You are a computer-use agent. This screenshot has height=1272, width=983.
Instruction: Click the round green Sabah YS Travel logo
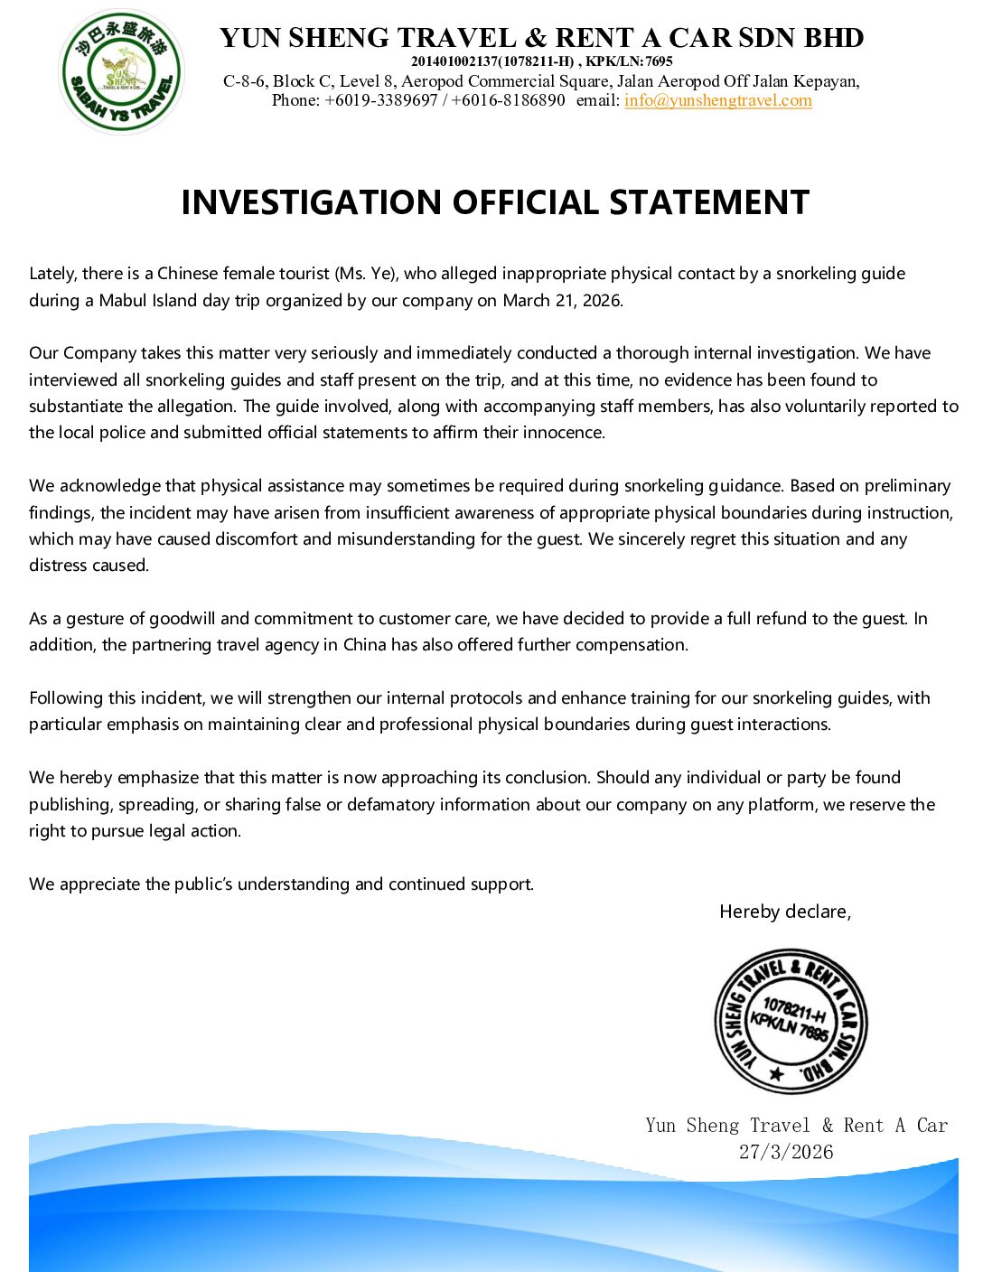point(121,72)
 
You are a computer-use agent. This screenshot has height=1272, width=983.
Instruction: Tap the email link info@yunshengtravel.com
point(717,100)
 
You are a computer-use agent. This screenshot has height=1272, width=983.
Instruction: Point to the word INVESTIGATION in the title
point(312,202)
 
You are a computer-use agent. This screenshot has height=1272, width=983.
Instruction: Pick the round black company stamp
point(791,1021)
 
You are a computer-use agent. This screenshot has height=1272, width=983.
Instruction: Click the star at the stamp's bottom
point(776,1074)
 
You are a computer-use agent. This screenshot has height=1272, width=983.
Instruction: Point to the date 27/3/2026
point(786,1152)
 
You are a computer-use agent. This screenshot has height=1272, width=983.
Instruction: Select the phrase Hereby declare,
point(785,912)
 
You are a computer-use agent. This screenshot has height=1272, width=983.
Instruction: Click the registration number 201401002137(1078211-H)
point(492,61)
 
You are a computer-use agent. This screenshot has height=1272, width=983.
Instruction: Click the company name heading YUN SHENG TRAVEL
point(368,38)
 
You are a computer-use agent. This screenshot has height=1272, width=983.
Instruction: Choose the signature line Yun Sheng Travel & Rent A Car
point(796,1126)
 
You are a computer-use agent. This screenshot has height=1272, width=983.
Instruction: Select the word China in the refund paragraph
point(364,645)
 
